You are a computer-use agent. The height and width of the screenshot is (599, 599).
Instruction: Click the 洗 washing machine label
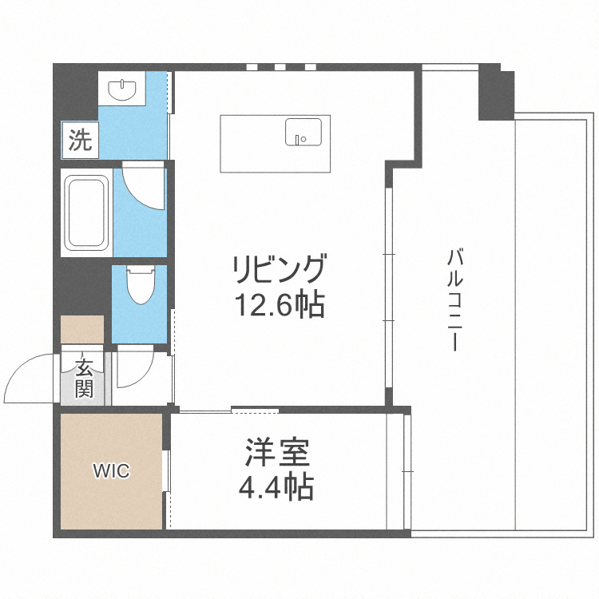(x=79, y=141)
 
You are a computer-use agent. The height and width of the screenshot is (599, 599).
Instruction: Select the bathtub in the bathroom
(x=87, y=211)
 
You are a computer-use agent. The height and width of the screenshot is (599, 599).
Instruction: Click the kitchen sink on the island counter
(x=303, y=132)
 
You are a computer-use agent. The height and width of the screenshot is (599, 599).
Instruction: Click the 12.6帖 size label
(x=280, y=303)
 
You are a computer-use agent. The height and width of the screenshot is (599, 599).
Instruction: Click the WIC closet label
(x=111, y=470)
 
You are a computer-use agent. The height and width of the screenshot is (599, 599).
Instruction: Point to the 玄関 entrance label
(x=84, y=379)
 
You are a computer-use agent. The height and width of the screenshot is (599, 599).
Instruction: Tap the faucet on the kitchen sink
(x=300, y=140)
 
